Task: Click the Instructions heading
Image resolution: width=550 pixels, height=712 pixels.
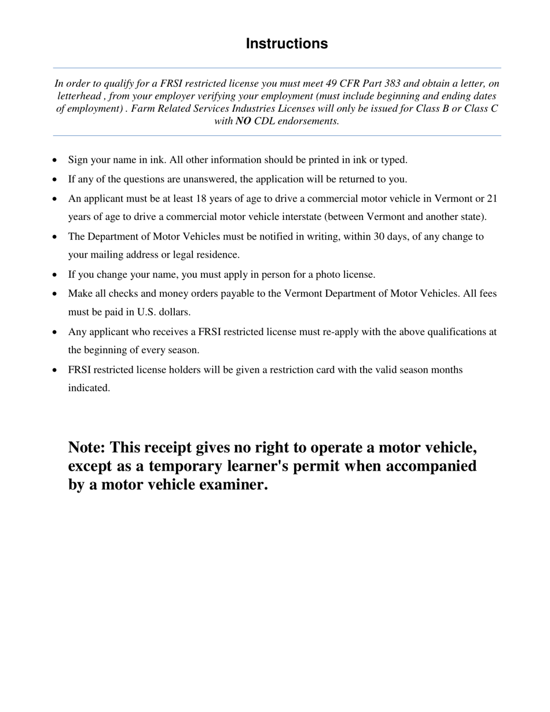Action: tap(287, 44)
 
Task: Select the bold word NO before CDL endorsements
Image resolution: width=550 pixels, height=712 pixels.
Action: tap(243, 121)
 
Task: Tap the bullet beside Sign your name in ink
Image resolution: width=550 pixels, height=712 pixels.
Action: tap(54, 160)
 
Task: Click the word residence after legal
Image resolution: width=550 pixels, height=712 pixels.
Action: tap(217, 255)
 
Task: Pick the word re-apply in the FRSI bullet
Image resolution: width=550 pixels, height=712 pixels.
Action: tap(342, 332)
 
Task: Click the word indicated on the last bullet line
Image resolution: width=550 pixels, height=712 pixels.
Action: tap(89, 388)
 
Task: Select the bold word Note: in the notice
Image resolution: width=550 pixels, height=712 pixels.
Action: tap(87, 448)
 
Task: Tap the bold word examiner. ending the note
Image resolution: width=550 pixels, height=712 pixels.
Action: tap(233, 485)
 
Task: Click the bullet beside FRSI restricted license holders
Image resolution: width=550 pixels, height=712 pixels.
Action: tap(54, 370)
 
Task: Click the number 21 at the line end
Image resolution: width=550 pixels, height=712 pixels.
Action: tap(492, 199)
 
